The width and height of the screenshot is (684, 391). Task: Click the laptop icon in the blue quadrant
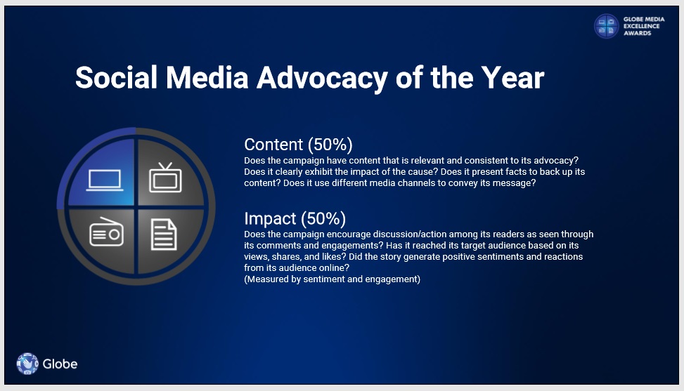coord(105,180)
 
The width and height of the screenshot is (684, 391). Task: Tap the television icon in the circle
coord(165,178)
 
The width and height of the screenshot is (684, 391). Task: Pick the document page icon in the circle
coord(164,234)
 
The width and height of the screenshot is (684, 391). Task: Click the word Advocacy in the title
coord(322,79)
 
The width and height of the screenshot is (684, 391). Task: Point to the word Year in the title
coord(513,78)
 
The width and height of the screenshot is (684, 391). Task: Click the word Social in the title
coord(116,78)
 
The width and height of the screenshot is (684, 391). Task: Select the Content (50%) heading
coord(298,145)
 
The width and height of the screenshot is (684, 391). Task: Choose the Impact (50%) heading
coord(295,218)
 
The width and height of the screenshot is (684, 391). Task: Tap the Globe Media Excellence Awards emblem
coord(607,26)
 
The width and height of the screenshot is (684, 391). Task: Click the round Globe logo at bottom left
coord(27,364)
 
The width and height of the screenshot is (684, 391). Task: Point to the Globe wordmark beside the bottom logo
coord(60,364)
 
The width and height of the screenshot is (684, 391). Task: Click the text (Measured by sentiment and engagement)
coord(332,279)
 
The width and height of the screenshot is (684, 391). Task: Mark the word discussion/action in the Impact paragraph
coord(410,234)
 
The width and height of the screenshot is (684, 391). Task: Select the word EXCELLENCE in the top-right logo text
coord(641,26)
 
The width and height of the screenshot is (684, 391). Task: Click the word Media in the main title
coord(207,78)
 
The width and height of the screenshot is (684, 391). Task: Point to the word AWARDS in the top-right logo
coord(638,33)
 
